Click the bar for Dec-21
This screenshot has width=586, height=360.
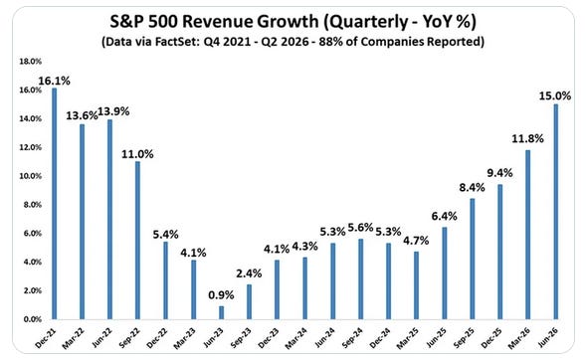coord(54,204)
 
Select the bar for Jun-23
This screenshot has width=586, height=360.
coord(222,312)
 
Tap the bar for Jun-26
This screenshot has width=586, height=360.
coord(556,212)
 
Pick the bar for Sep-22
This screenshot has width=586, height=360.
coord(138,240)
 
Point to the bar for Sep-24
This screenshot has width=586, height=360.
coord(360,279)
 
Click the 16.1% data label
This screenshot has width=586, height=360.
coord(54,81)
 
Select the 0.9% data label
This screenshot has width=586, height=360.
coord(221,295)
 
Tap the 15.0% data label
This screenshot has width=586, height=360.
coord(555,96)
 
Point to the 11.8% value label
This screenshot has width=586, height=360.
coord(527,139)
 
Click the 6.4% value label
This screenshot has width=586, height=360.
coord(444,216)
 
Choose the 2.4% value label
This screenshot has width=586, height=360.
coord(249,273)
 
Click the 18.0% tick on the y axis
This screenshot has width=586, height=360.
coord(30,62)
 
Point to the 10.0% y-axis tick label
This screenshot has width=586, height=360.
coord(30,176)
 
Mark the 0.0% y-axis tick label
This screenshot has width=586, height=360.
coord(33,319)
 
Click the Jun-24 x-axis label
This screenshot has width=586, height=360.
coord(324,338)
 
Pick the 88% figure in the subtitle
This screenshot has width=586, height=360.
coord(329,41)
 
